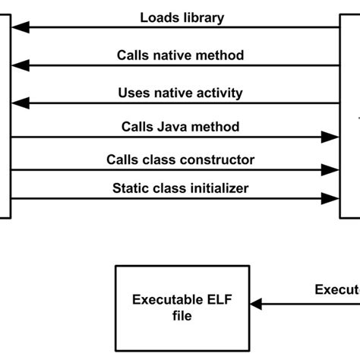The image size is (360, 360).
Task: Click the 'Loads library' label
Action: pyautogui.click(x=182, y=17)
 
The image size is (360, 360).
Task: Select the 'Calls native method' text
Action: pyautogui.click(x=180, y=55)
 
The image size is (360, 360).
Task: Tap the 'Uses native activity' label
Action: pyautogui.click(x=181, y=93)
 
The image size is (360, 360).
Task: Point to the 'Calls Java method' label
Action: pyautogui.click(x=180, y=127)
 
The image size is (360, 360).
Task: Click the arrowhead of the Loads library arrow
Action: pyautogui.click(x=21, y=27)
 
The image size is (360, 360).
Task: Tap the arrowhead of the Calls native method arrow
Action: pyautogui.click(x=21, y=65)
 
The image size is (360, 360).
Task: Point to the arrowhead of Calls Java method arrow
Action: pyautogui.click(x=330, y=137)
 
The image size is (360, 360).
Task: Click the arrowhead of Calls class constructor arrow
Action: pyautogui.click(x=330, y=170)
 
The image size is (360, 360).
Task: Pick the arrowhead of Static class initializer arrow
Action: pyautogui.click(x=330, y=198)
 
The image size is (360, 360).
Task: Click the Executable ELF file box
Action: pyautogui.click(x=182, y=305)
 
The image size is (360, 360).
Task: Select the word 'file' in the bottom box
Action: pyautogui.click(x=182, y=315)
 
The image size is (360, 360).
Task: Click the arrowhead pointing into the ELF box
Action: pyautogui.click(x=256, y=304)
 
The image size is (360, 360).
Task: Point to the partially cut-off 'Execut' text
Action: pyautogui.click(x=337, y=289)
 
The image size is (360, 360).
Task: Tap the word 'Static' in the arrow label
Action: pyautogui.click(x=130, y=188)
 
